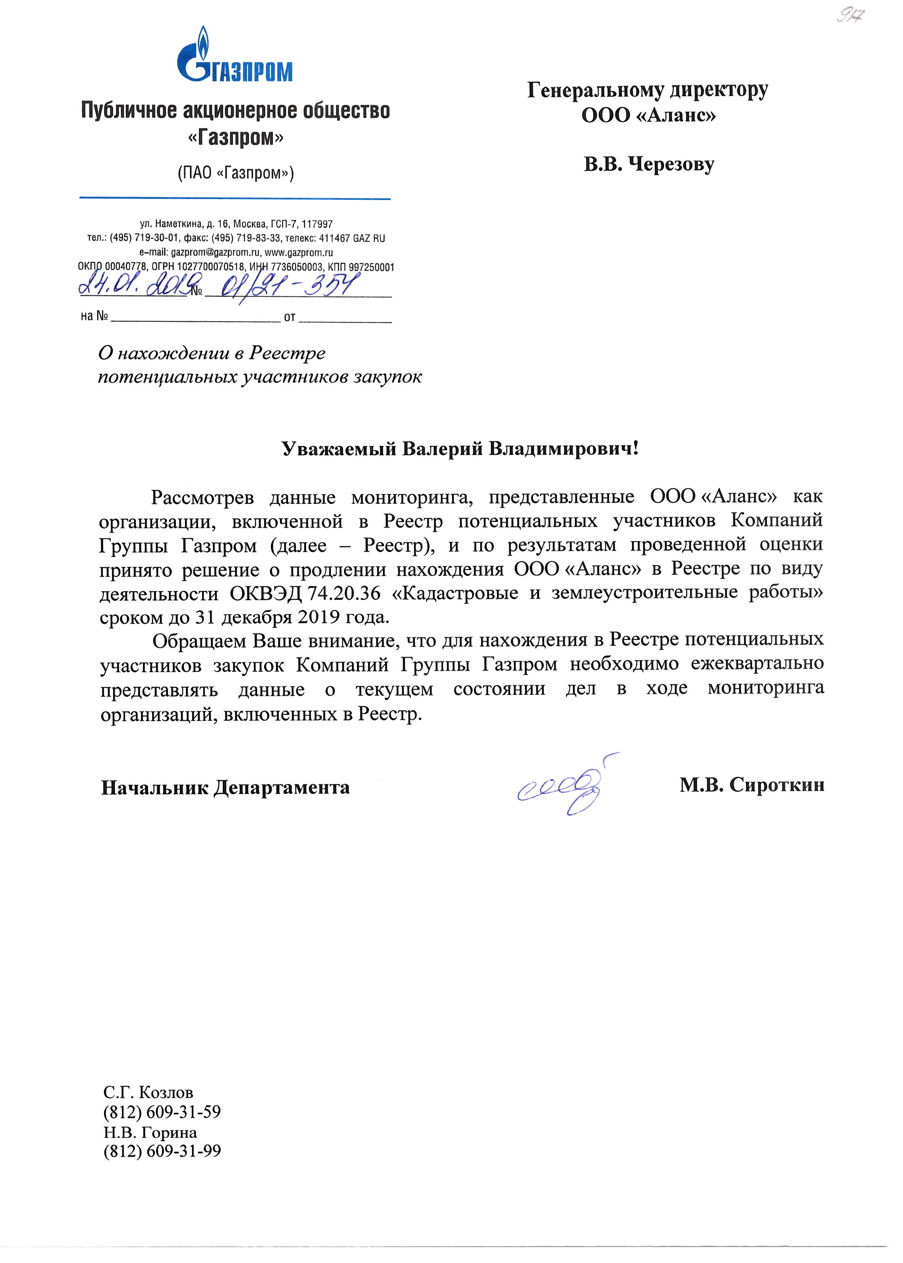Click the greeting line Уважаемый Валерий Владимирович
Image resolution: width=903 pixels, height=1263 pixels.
click(461, 448)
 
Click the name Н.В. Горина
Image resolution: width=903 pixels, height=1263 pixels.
click(150, 1132)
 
